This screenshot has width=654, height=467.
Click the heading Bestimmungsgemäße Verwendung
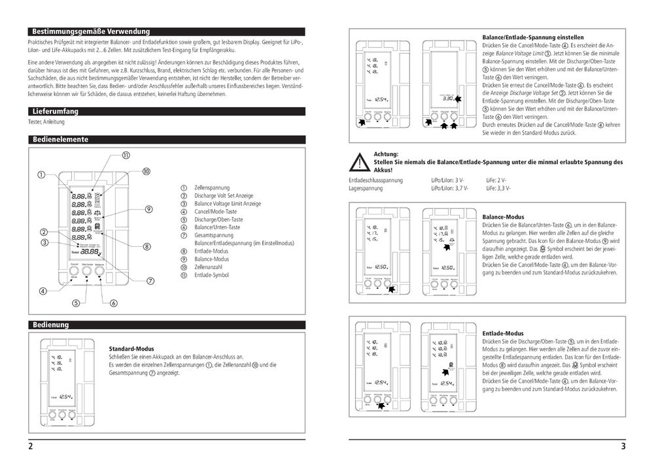click(91, 31)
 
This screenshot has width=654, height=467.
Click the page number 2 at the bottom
click(31, 447)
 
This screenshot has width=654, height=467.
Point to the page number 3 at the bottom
click(623, 447)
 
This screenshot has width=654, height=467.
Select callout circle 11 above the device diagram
click(124, 155)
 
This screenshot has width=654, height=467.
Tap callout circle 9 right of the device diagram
click(149, 209)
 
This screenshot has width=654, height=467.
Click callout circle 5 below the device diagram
click(76, 303)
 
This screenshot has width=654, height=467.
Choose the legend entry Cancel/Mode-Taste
click(215, 212)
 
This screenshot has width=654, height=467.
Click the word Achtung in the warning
click(386, 153)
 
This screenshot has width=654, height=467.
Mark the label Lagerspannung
click(366, 187)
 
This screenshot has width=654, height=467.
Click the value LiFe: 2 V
click(498, 180)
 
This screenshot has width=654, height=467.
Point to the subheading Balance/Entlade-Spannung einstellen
click(533, 38)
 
